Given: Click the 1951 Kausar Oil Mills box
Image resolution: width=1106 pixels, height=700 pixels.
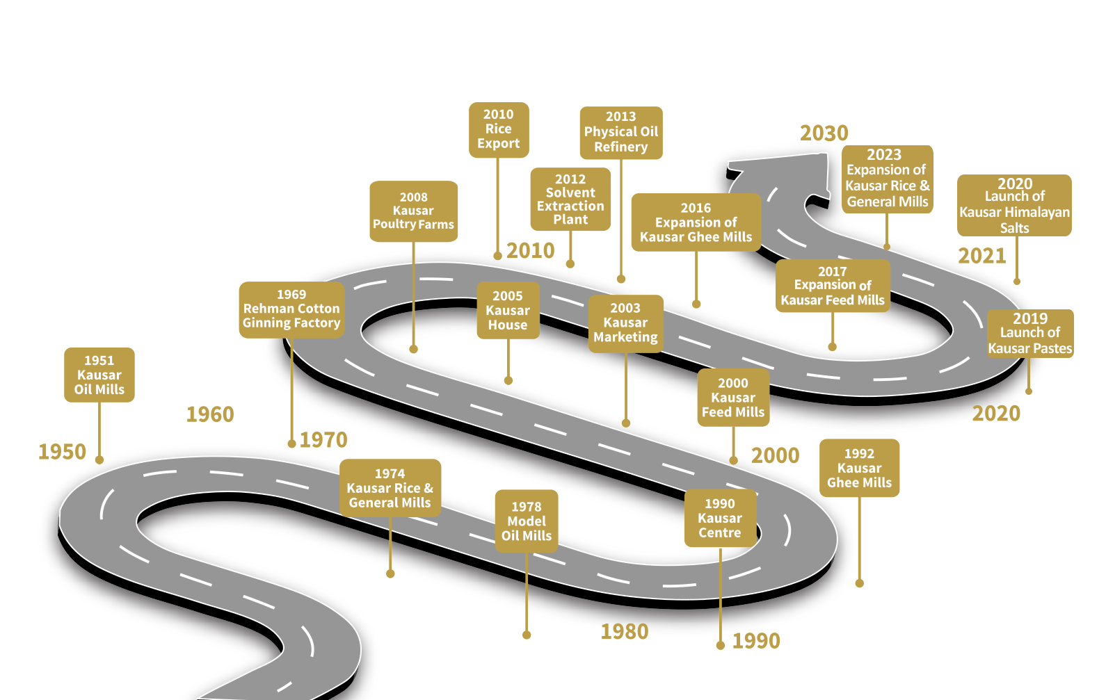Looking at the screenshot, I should [x=99, y=375].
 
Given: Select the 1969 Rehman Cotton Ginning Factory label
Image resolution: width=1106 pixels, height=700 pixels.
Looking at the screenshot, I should [x=291, y=309].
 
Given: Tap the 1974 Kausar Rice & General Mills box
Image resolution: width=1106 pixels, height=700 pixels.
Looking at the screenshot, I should [x=390, y=488].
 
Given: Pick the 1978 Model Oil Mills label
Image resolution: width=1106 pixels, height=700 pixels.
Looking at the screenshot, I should [x=527, y=521].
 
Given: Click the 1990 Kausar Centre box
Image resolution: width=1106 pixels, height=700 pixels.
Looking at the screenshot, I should [x=720, y=519].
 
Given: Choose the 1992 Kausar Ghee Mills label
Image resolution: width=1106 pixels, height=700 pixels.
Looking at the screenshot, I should [x=859, y=468].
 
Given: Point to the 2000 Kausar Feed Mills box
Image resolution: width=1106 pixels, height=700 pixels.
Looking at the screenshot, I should [x=733, y=398].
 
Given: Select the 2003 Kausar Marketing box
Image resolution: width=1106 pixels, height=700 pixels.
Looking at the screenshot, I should [x=625, y=323].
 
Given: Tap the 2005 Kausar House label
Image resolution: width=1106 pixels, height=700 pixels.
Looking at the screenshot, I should [x=508, y=311].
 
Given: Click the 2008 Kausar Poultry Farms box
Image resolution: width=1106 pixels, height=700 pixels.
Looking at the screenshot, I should [x=413, y=211].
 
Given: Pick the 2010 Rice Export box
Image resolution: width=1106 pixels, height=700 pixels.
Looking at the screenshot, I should [x=499, y=129].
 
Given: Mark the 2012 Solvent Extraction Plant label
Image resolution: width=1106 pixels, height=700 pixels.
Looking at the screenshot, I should [x=570, y=200].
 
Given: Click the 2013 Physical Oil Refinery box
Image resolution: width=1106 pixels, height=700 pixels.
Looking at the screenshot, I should [x=620, y=132].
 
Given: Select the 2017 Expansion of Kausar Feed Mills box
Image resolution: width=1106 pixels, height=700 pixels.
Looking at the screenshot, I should [x=833, y=286].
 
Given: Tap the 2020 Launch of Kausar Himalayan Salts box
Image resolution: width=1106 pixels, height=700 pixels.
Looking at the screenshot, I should [x=1014, y=205].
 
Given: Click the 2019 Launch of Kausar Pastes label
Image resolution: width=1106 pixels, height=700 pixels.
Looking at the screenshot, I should [x=1030, y=333].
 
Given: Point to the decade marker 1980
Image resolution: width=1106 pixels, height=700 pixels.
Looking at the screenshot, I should [x=625, y=631].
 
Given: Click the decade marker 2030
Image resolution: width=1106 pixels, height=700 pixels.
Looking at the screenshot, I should [x=824, y=133].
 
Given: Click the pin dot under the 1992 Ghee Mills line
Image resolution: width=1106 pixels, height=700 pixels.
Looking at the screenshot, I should [x=859, y=583].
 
